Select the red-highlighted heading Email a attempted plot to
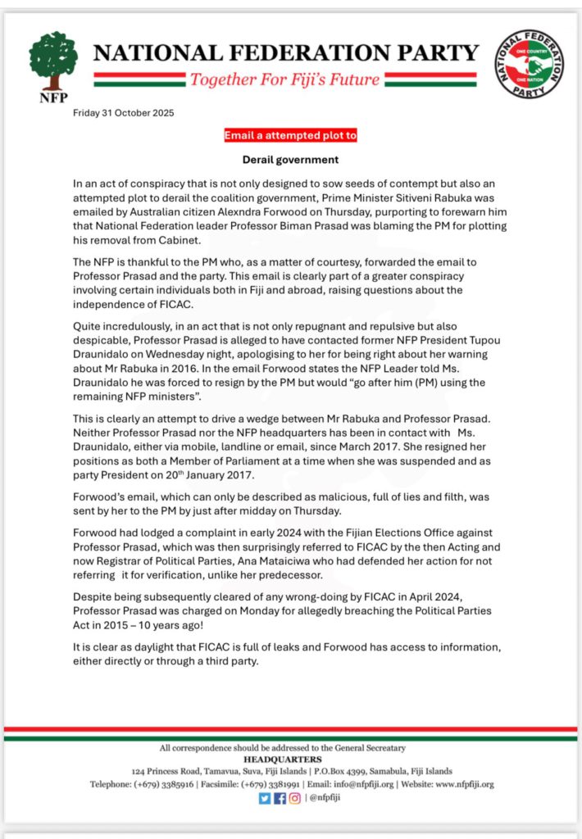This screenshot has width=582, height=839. (x=291, y=135)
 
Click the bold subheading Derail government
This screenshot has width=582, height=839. (x=290, y=159)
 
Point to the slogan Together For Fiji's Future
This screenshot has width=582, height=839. (x=284, y=80)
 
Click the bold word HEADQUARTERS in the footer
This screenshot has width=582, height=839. (x=292, y=759)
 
